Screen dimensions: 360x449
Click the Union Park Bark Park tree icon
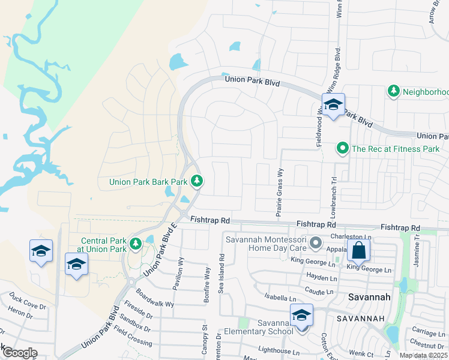(x=196, y=181)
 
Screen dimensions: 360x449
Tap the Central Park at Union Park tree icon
(x=136, y=244)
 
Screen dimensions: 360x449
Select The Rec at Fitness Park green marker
(x=342, y=148)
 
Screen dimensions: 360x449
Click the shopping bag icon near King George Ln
(x=358, y=250)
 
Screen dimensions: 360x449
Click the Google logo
(x=19, y=353)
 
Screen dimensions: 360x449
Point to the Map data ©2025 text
(x=423, y=355)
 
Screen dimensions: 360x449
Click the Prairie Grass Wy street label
(x=279, y=192)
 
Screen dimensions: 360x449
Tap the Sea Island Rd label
(x=221, y=272)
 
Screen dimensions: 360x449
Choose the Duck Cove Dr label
(x=28, y=301)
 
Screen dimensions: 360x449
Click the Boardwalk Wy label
(x=154, y=299)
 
